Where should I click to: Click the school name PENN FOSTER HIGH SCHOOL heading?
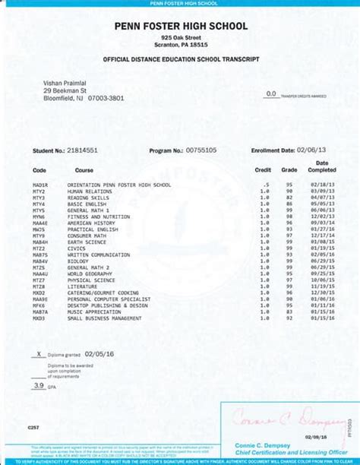pyautogui.click(x=181, y=26)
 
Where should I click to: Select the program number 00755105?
pyautogui.click(x=201, y=150)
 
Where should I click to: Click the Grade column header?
pyautogui.click(x=289, y=170)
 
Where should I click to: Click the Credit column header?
pyautogui.click(x=263, y=170)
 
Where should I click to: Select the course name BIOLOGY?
pyautogui.click(x=78, y=261)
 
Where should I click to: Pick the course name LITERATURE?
pyautogui.click(x=83, y=286)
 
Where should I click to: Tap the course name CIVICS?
pyautogui.click(x=77, y=248)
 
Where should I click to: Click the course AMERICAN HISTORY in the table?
pyautogui.click(x=92, y=223)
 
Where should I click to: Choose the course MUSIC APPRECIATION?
pyautogui.click(x=94, y=312)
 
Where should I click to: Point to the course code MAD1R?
pyautogui.click(x=39, y=185)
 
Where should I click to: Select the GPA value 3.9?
pyautogui.click(x=38, y=386)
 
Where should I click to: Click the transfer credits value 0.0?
pyautogui.click(x=270, y=93)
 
